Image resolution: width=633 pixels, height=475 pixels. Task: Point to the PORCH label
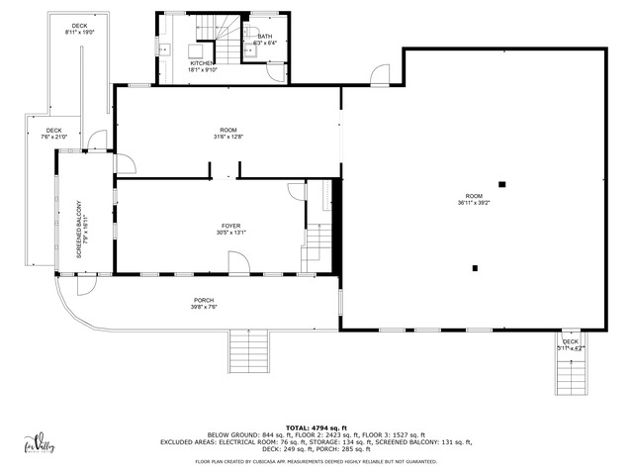click(204, 301)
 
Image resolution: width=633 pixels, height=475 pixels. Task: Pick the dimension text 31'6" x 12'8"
click(228, 136)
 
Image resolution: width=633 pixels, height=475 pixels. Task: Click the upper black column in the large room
click(502, 183)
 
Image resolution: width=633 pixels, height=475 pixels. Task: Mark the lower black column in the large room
click(476, 267)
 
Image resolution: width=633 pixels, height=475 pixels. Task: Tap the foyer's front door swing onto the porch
click(239, 262)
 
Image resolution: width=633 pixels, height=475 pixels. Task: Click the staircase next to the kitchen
click(228, 45)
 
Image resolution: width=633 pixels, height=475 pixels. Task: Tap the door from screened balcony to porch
click(85, 283)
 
